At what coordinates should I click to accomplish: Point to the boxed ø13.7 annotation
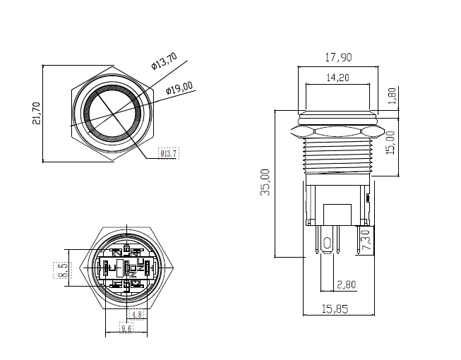pos(169,153)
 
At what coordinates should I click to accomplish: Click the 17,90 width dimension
pos(338,58)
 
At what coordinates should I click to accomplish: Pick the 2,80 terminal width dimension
pos(347,284)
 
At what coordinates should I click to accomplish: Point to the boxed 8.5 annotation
pos(61,270)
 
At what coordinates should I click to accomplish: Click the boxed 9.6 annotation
pos(127,328)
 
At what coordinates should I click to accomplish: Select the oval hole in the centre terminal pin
pos(327,244)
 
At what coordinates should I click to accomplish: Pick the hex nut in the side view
pos(336,131)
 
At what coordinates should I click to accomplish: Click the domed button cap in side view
pos(337,115)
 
